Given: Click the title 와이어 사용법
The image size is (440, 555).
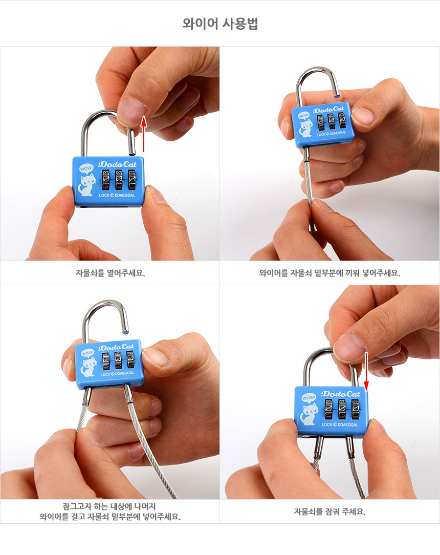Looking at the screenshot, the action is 220,24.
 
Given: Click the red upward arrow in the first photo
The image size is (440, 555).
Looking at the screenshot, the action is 144,134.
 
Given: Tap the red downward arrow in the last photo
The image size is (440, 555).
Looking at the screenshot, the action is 366,372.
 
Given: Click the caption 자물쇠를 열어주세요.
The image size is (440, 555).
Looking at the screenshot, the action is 110,273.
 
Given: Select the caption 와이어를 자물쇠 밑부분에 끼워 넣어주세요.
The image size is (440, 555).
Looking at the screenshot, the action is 329,273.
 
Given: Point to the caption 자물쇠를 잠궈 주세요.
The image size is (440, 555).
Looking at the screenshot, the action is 329,511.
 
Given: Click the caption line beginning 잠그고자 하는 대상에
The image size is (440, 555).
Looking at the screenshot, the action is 109,506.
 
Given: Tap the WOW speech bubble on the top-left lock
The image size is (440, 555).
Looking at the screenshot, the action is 86,168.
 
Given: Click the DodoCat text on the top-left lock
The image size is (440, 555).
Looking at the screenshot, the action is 117,164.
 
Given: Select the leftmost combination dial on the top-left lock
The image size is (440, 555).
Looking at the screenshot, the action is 106,180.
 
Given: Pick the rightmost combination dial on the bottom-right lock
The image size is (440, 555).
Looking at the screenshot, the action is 355,409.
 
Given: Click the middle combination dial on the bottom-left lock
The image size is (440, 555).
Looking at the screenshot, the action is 118,360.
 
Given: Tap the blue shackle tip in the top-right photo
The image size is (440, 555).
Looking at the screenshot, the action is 337,95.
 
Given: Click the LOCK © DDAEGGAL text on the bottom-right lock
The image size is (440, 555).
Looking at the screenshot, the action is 340,424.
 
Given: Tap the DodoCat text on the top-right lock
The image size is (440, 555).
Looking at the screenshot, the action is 328,110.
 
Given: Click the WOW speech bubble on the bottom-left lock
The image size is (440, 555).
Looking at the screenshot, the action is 87,353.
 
